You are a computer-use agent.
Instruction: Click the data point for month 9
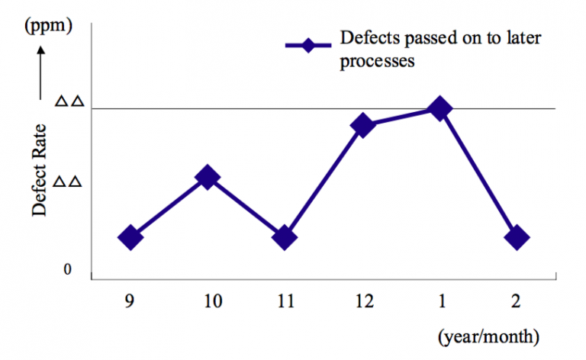130,237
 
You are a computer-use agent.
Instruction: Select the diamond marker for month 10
208,178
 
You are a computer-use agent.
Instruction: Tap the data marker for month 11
285,237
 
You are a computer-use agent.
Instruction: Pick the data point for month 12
362,125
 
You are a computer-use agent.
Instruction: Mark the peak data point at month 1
439,109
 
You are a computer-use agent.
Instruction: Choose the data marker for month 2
516,237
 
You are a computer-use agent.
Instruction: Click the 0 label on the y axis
67,270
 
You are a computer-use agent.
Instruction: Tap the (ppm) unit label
49,26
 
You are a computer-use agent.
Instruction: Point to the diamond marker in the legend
307,45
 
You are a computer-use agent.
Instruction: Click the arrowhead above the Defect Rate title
41,52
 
